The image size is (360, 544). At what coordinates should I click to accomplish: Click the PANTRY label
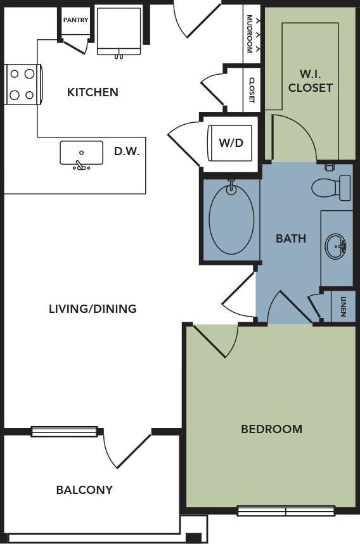[x=75, y=20]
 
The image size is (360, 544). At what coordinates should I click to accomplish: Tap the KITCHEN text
[x=93, y=92]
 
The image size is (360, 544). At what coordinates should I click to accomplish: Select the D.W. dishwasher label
[x=127, y=151]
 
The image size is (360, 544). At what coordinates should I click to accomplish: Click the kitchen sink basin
[x=81, y=153]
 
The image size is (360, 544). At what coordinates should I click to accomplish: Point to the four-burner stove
[x=23, y=84]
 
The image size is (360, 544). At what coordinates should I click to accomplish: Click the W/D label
[x=231, y=142]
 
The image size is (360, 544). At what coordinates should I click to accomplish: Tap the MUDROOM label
[x=249, y=34]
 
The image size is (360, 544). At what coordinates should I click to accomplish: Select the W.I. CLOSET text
[x=311, y=81]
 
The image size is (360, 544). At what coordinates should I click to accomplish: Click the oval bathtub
[x=231, y=218]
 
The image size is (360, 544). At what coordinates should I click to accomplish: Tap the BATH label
[x=291, y=239]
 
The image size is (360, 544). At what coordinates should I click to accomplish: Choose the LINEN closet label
[x=344, y=307]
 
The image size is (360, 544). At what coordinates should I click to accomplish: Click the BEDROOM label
[x=272, y=429]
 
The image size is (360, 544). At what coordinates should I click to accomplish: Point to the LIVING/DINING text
[x=93, y=309]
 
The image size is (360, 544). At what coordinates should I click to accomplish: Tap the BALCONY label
[x=85, y=490]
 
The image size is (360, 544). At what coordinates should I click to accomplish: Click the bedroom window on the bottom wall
[x=286, y=510]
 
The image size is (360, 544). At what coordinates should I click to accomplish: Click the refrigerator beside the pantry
[x=119, y=31]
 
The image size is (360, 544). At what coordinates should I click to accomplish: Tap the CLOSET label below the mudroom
[x=252, y=90]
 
